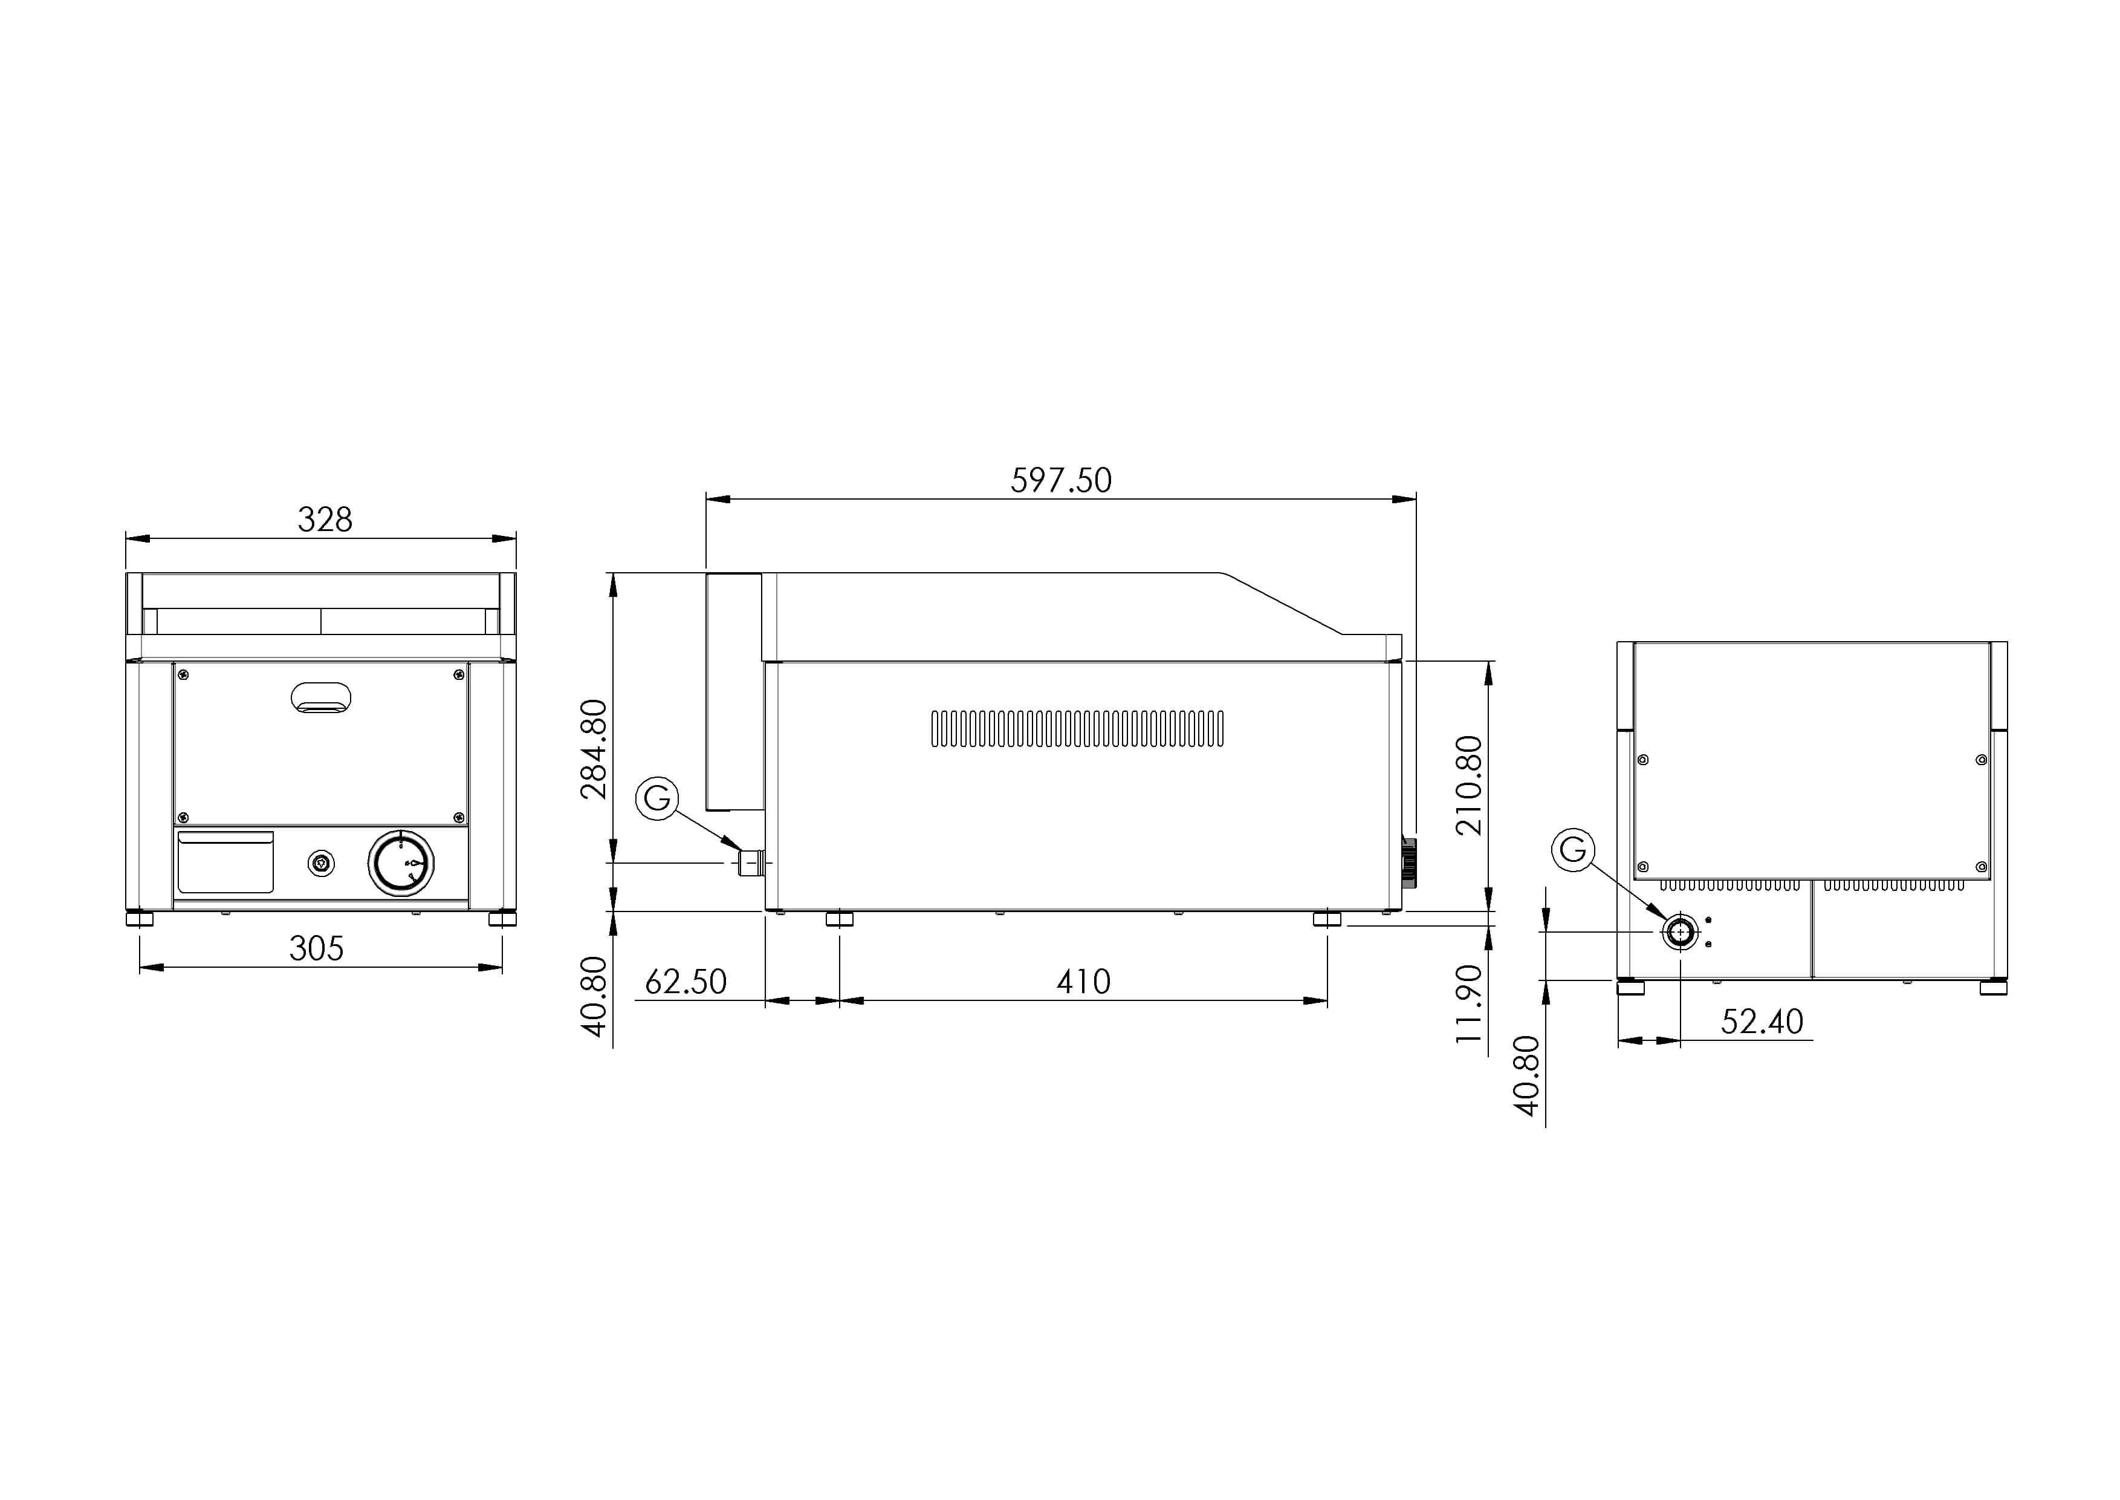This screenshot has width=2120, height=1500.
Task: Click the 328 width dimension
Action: coord(325,520)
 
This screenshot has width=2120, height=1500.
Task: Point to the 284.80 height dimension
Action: coord(594,749)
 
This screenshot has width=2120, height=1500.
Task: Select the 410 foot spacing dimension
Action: coord(1083,982)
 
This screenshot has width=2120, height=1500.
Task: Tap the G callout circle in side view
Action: coord(658,797)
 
